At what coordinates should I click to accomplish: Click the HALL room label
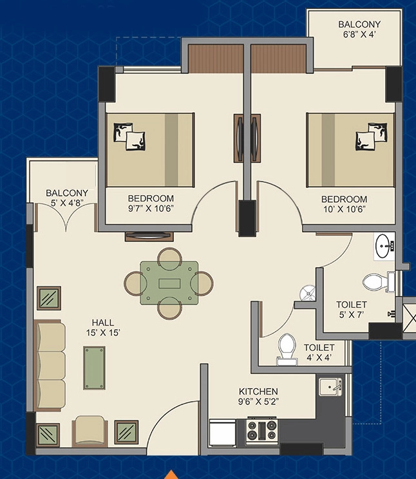pyautogui.click(x=103, y=323)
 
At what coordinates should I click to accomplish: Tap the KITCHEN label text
pyautogui.click(x=258, y=391)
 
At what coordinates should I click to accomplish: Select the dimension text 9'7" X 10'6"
pyautogui.click(x=151, y=209)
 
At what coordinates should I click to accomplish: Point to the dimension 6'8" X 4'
pyautogui.click(x=359, y=34)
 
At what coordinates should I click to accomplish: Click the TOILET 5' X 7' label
pyautogui.click(x=352, y=310)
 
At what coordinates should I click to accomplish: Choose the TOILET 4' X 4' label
pyautogui.click(x=319, y=352)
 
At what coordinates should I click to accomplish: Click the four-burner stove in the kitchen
pyautogui.click(x=262, y=430)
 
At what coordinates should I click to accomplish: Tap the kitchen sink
pyautogui.click(x=330, y=387)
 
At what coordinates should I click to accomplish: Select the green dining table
pyautogui.click(x=169, y=283)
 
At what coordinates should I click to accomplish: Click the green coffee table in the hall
pyautogui.click(x=95, y=368)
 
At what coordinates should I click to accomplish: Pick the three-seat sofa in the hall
pyautogui.click(x=50, y=365)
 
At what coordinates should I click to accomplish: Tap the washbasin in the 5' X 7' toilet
pyautogui.click(x=384, y=246)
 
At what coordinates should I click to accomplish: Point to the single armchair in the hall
pyautogui.click(x=90, y=431)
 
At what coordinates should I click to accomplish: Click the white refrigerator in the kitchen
pyautogui.click(x=222, y=433)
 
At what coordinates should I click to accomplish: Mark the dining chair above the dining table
pyautogui.click(x=169, y=258)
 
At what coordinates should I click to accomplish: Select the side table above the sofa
pyautogui.click(x=49, y=298)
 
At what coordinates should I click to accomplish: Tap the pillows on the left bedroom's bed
pyautogui.click(x=129, y=136)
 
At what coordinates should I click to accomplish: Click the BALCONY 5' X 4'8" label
pyautogui.click(x=67, y=198)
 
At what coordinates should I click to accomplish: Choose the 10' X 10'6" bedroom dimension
pyautogui.click(x=345, y=209)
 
